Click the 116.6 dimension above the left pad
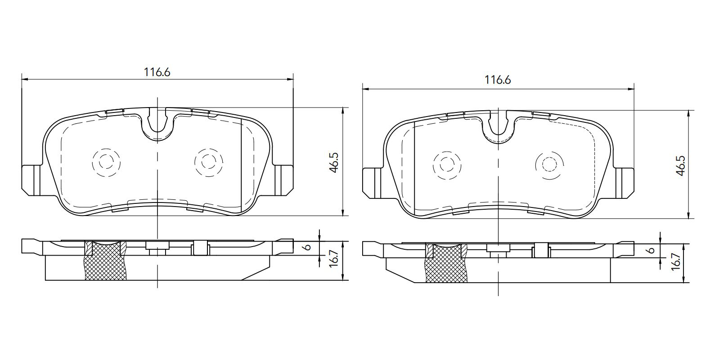tap(157, 72)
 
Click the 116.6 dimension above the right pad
tap(498, 80)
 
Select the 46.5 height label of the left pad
tap(334, 163)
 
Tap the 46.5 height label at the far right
tap(681, 166)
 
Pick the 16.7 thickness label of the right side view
tap(676, 262)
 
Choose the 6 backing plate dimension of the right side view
tap(651, 250)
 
